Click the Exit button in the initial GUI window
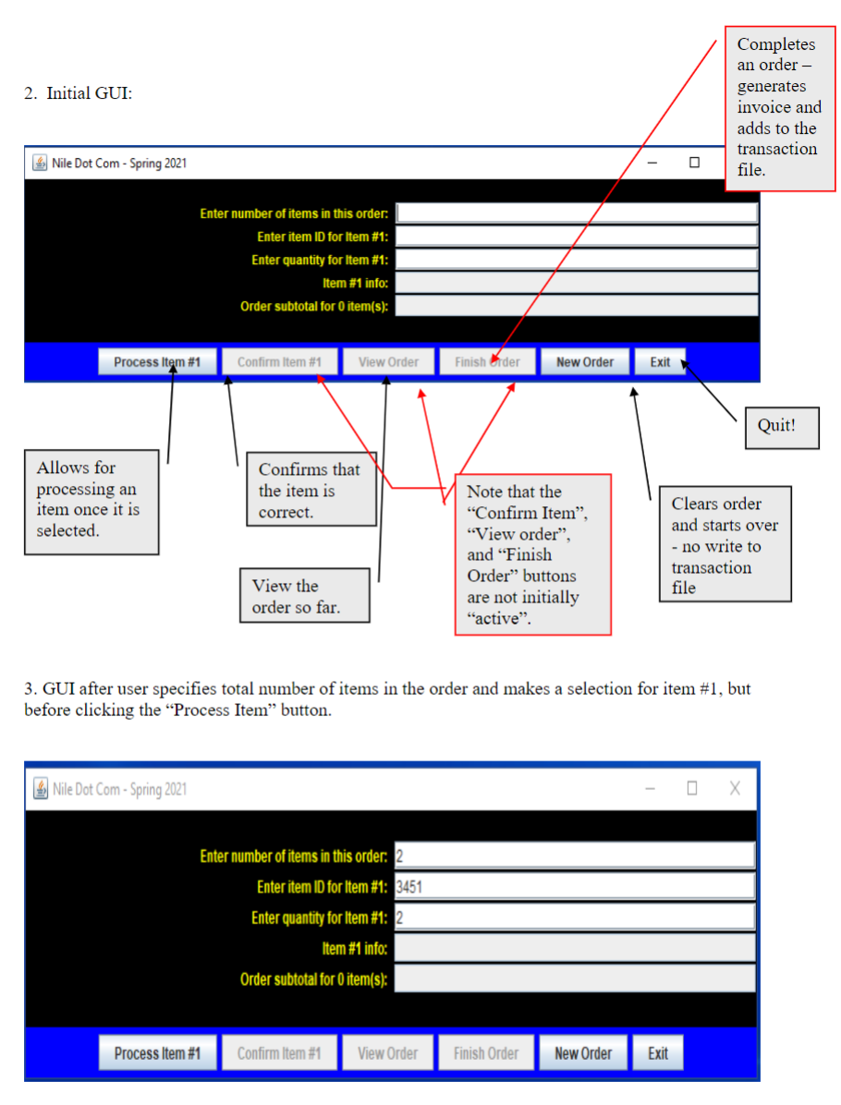point(660,362)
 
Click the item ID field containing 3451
point(574,887)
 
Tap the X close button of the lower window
point(735,788)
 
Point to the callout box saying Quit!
point(782,426)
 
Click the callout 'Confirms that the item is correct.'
point(311,492)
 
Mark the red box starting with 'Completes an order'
point(779,107)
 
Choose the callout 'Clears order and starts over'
point(725,545)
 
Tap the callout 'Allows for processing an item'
point(91,500)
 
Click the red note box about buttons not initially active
point(532,554)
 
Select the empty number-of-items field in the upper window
point(576,213)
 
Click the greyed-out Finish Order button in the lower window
point(485,1053)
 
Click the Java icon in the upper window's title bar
point(41,163)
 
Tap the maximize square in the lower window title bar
point(691,788)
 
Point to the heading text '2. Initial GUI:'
point(79,93)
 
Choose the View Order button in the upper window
point(388,362)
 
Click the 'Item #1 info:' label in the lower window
point(354,948)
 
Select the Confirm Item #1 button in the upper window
point(279,362)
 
